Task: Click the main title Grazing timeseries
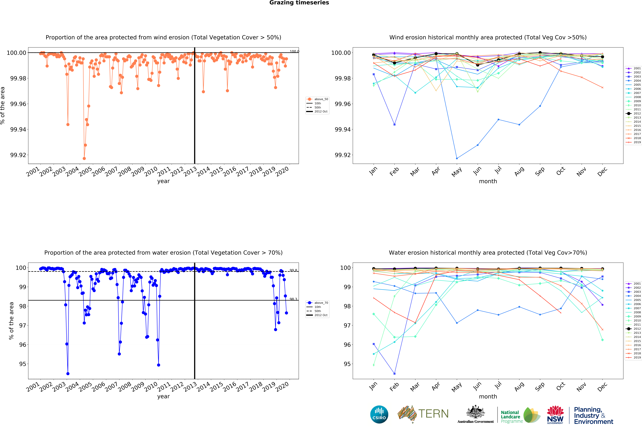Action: (x=299, y=3)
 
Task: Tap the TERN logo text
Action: (x=433, y=414)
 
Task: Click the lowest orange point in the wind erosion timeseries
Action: (x=84, y=158)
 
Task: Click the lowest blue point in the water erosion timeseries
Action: (x=68, y=374)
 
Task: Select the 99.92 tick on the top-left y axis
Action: (x=18, y=155)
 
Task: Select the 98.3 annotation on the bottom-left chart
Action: (x=293, y=299)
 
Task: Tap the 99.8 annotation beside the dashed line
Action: (x=293, y=270)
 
